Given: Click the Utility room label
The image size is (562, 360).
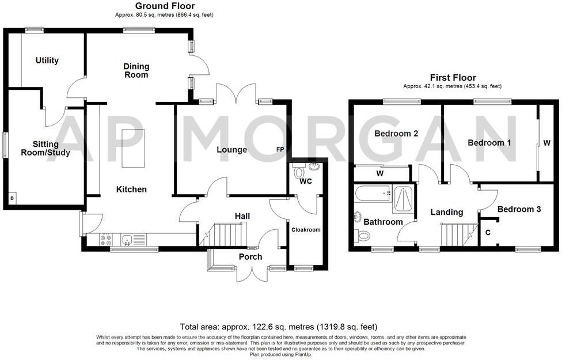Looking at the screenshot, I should pyautogui.click(x=47, y=60).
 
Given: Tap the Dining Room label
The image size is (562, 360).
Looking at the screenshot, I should pyautogui.click(x=136, y=71).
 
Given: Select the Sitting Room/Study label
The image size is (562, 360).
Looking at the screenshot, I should pyautogui.click(x=45, y=149).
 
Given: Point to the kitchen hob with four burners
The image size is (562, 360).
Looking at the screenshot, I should pyautogui.click(x=106, y=240).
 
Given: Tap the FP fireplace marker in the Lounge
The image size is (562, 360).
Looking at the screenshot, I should pyautogui.click(x=280, y=150).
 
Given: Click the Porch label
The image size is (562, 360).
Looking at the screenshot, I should pyautogui.click(x=250, y=257).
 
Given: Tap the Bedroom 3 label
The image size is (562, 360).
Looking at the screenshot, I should pyautogui.click(x=519, y=210).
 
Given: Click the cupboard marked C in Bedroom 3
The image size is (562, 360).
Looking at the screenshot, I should pyautogui.click(x=489, y=233).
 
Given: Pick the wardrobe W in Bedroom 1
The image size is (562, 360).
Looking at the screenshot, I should pyautogui.click(x=548, y=142).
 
